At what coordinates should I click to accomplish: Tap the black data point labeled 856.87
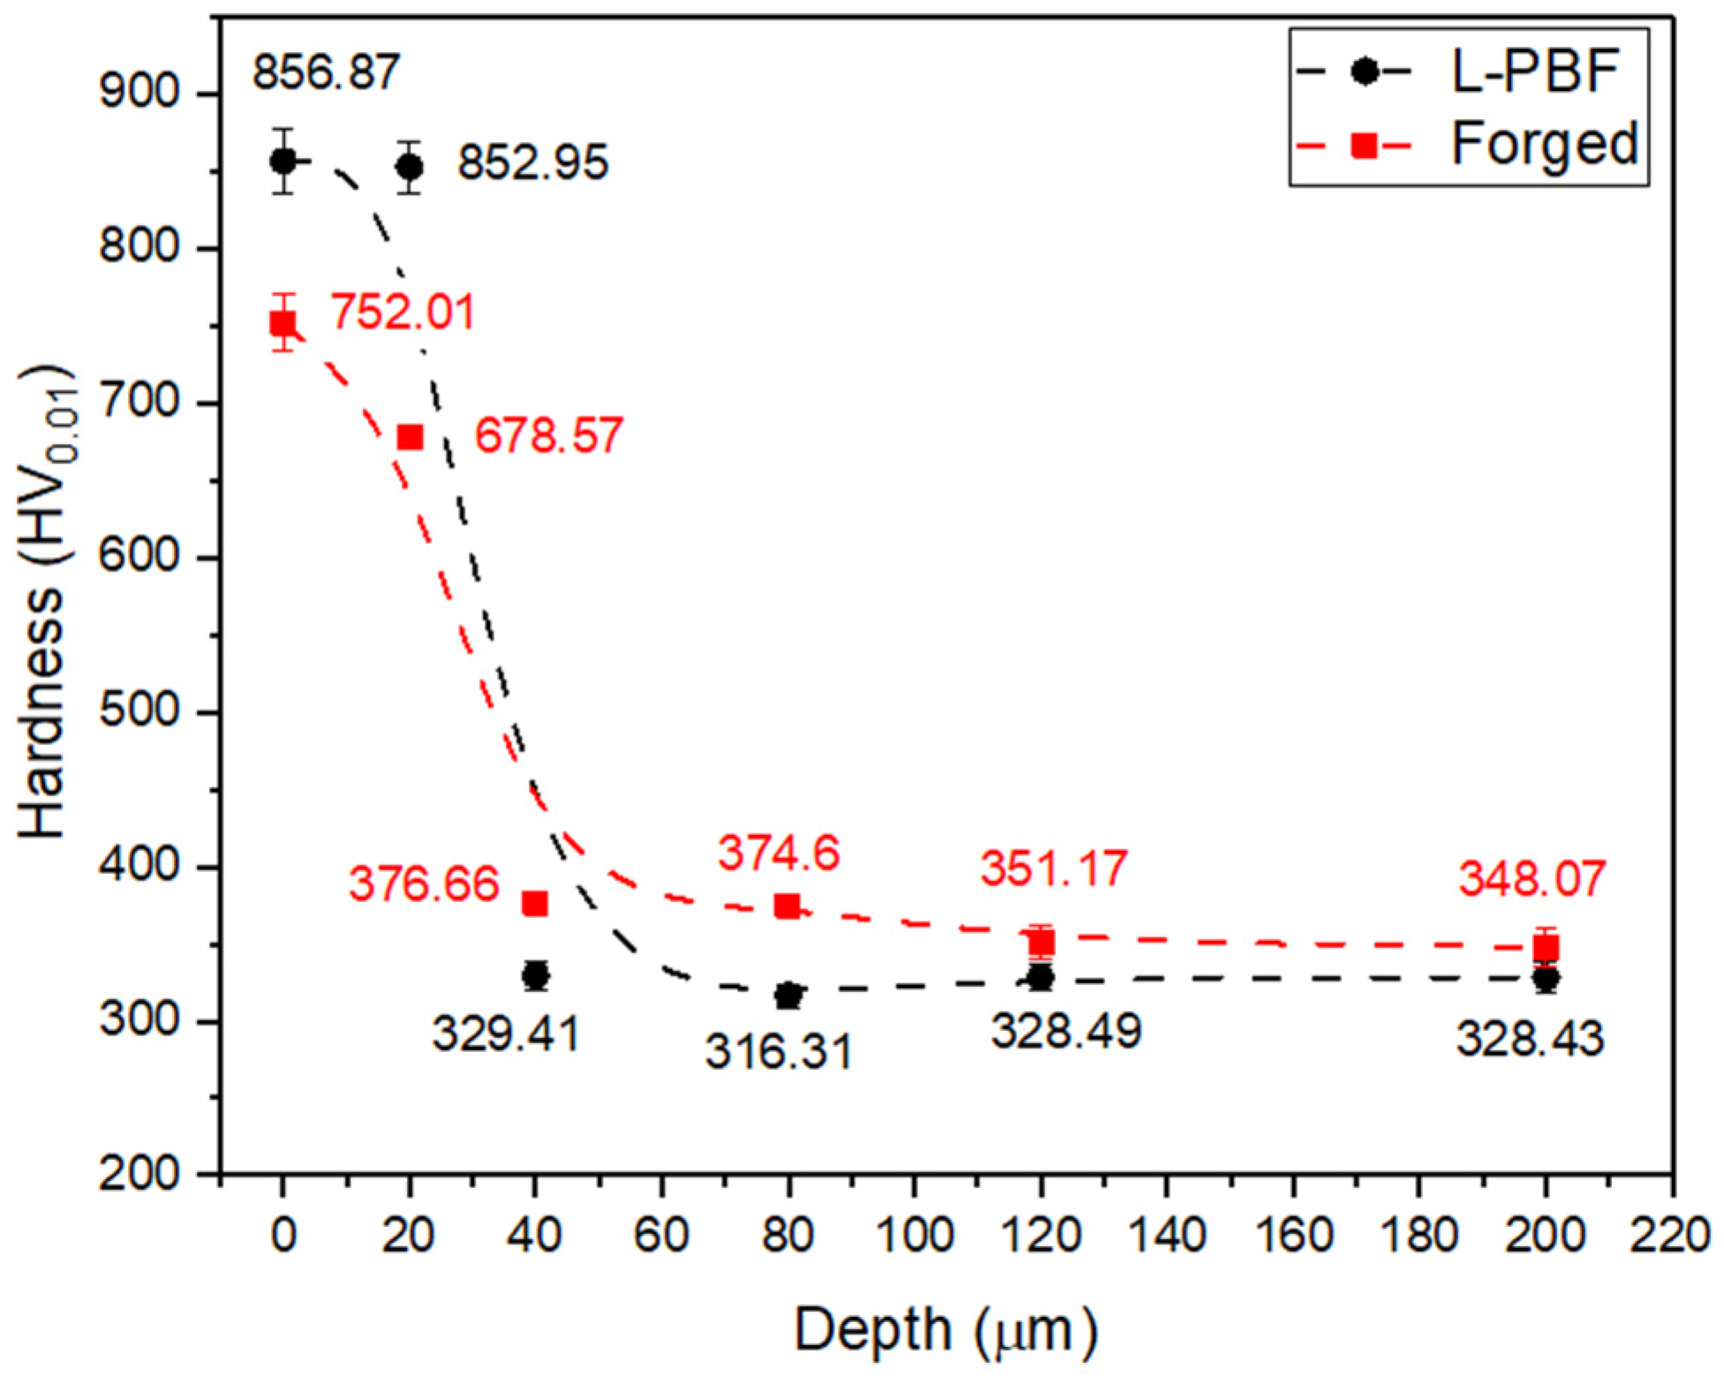click(x=282, y=162)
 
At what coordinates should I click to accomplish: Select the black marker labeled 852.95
click(x=409, y=167)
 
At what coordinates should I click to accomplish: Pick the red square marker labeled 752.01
click(x=282, y=324)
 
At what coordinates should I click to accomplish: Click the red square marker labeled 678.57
click(x=410, y=437)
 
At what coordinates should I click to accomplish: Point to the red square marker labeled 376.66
click(x=535, y=904)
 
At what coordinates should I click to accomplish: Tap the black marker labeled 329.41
click(x=535, y=976)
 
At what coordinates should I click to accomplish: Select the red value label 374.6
click(x=778, y=854)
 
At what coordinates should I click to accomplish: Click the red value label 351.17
click(x=1053, y=869)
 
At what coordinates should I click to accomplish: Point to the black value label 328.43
click(x=1529, y=1038)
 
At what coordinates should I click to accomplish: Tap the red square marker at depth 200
click(x=1546, y=948)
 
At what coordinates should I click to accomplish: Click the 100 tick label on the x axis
click(x=914, y=1235)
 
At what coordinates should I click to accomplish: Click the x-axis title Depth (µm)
click(x=945, y=1330)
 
